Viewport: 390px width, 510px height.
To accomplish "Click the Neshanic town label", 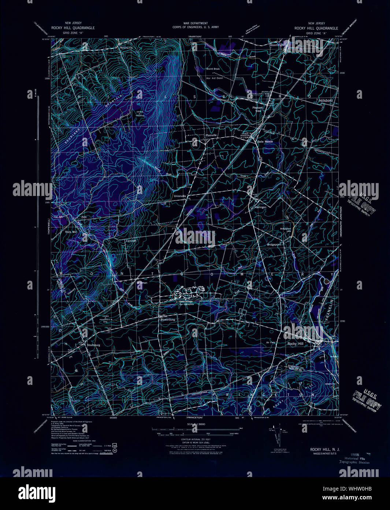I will pyautogui.click(x=126, y=48).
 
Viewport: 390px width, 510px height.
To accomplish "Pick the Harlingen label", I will pyautogui.click(x=260, y=207).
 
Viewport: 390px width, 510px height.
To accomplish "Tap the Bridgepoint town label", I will pyautogui.click(x=274, y=244).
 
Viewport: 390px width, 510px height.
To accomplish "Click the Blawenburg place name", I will pyautogui.click(x=168, y=320).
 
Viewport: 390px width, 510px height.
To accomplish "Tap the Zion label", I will pyautogui.click(x=84, y=217).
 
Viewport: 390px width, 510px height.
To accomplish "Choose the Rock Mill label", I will pyautogui.click(x=71, y=232).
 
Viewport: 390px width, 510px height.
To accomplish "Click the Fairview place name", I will pyautogui.click(x=131, y=241).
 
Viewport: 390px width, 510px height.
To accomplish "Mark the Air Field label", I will pyautogui.click(x=270, y=343).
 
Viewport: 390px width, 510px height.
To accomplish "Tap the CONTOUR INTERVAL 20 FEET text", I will pyautogui.click(x=194, y=439).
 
